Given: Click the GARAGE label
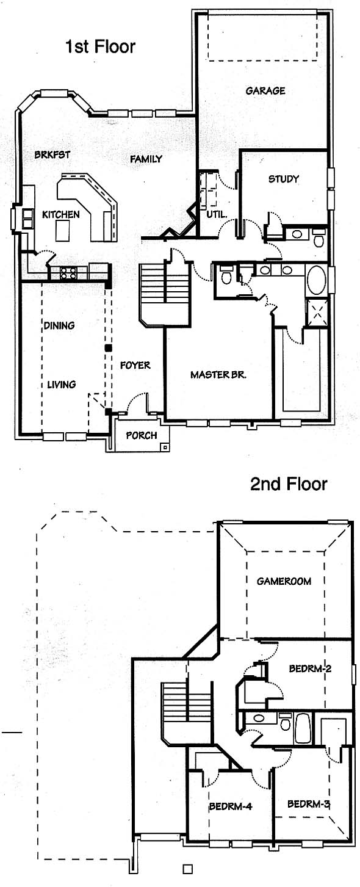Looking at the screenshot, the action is [265, 91].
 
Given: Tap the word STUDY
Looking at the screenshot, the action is [283, 179].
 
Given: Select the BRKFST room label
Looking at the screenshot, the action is [52, 154].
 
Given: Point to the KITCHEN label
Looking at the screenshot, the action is [61, 215].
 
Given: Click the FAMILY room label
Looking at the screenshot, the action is [146, 159].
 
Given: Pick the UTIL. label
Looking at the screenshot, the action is [217, 215].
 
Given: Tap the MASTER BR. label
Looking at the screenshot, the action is [218, 375].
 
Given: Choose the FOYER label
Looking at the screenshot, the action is [135, 365].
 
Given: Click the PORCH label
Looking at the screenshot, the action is [141, 436].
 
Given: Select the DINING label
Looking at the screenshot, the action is [59, 325].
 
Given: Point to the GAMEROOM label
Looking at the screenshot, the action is [284, 581].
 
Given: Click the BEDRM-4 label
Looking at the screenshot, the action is [231, 806].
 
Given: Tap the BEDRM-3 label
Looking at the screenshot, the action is [309, 804].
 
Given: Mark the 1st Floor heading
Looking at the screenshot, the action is [100, 47].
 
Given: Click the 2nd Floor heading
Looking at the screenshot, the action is [289, 484].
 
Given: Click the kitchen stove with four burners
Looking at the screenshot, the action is [68, 272].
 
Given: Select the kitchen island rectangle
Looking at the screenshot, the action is [63, 231].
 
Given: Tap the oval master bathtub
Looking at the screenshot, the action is [316, 280].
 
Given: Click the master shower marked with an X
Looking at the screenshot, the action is [317, 313].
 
